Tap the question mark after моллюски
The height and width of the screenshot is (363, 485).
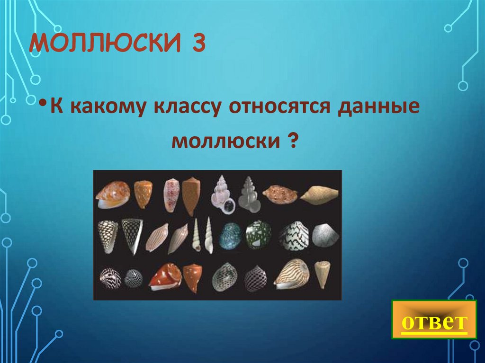coord(292,141)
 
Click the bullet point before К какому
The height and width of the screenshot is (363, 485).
coord(43,105)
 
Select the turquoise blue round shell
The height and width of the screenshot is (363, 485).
coord(230,235)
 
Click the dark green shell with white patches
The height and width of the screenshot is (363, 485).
coord(258,235)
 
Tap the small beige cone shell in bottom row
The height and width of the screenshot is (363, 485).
coord(323,274)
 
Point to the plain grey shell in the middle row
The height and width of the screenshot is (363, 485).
coord(325,235)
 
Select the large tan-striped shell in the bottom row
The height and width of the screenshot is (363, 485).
coord(292,274)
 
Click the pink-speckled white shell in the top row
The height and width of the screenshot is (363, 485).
coord(171,195)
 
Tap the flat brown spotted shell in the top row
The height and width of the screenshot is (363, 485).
coord(279,193)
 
